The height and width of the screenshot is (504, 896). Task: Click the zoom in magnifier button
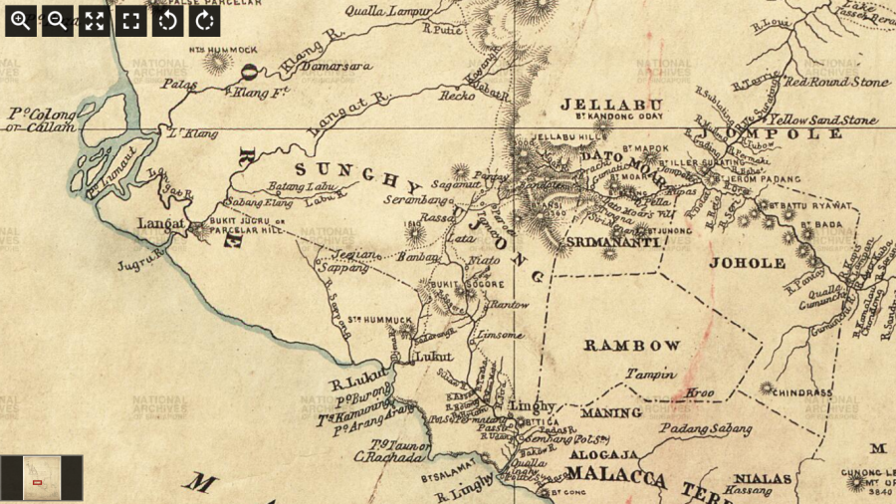(x=20, y=20)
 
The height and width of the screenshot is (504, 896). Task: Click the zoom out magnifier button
(x=57, y=20)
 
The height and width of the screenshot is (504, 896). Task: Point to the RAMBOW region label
(x=632, y=346)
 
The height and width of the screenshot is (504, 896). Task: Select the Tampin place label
(x=650, y=375)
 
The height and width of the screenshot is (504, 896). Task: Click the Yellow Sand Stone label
(x=822, y=121)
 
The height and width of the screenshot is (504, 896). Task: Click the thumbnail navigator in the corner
(x=42, y=477)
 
